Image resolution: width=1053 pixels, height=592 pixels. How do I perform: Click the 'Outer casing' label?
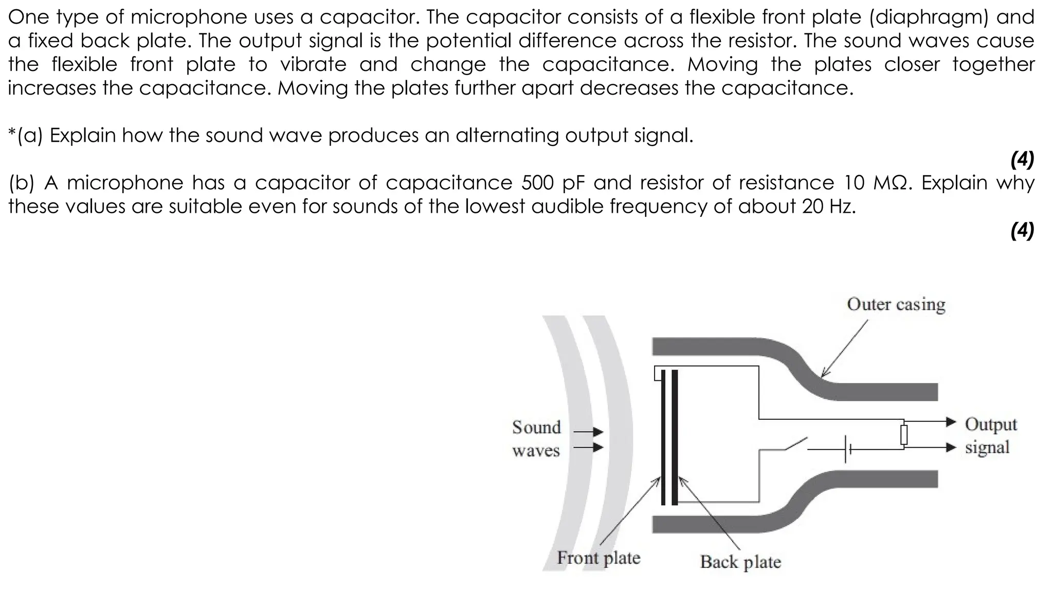tap(896, 304)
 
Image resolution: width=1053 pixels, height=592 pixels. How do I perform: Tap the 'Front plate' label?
tap(598, 558)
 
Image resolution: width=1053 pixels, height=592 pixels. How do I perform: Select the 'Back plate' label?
tap(740, 562)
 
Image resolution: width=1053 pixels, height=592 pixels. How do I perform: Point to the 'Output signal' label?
tap(990, 435)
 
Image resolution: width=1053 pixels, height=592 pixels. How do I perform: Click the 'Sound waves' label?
tap(536, 438)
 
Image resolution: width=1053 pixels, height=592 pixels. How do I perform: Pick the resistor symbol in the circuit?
tap(903, 435)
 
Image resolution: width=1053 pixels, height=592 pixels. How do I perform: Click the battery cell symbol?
tap(847, 449)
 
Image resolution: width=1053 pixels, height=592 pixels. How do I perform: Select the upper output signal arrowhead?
tap(951, 422)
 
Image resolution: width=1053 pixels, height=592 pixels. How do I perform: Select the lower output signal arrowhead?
tap(951, 447)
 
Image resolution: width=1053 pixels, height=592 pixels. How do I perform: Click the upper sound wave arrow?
tap(596, 432)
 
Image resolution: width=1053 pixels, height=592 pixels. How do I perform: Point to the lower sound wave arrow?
tap(596, 447)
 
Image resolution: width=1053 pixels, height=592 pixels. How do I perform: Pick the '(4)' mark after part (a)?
tap(1022, 160)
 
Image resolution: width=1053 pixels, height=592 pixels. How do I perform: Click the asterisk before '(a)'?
tap(12, 133)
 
